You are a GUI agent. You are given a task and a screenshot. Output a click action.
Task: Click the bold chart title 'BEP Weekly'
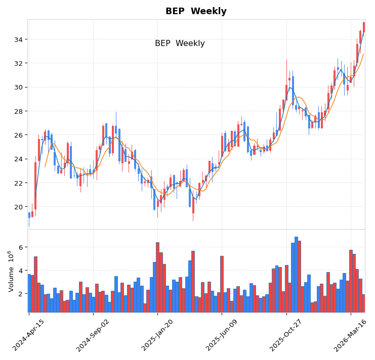tap(196, 12)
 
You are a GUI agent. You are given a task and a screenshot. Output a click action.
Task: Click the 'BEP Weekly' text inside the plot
tap(180, 43)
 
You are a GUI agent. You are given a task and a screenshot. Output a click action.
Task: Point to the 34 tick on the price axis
tap(20, 39)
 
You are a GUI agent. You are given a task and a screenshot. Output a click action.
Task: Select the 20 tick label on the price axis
tap(20, 207)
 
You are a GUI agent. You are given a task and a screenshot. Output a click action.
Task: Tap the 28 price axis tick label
tap(20, 111)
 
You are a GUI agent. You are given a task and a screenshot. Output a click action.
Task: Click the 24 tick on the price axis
tap(20, 159)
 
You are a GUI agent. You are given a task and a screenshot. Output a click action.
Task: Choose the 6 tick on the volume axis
tap(22, 247)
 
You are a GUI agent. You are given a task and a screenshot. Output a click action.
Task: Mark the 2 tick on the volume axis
tap(22, 294)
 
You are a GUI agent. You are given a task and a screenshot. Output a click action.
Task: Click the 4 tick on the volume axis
tap(22, 271)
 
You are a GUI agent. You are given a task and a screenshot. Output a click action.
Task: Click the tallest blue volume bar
tap(296, 275)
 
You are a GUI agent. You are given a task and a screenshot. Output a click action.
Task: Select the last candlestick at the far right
tap(363, 27)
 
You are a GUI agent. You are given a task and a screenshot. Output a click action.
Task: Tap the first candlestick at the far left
tap(29, 215)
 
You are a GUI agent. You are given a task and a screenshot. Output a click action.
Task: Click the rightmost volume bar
tap(363, 303)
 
